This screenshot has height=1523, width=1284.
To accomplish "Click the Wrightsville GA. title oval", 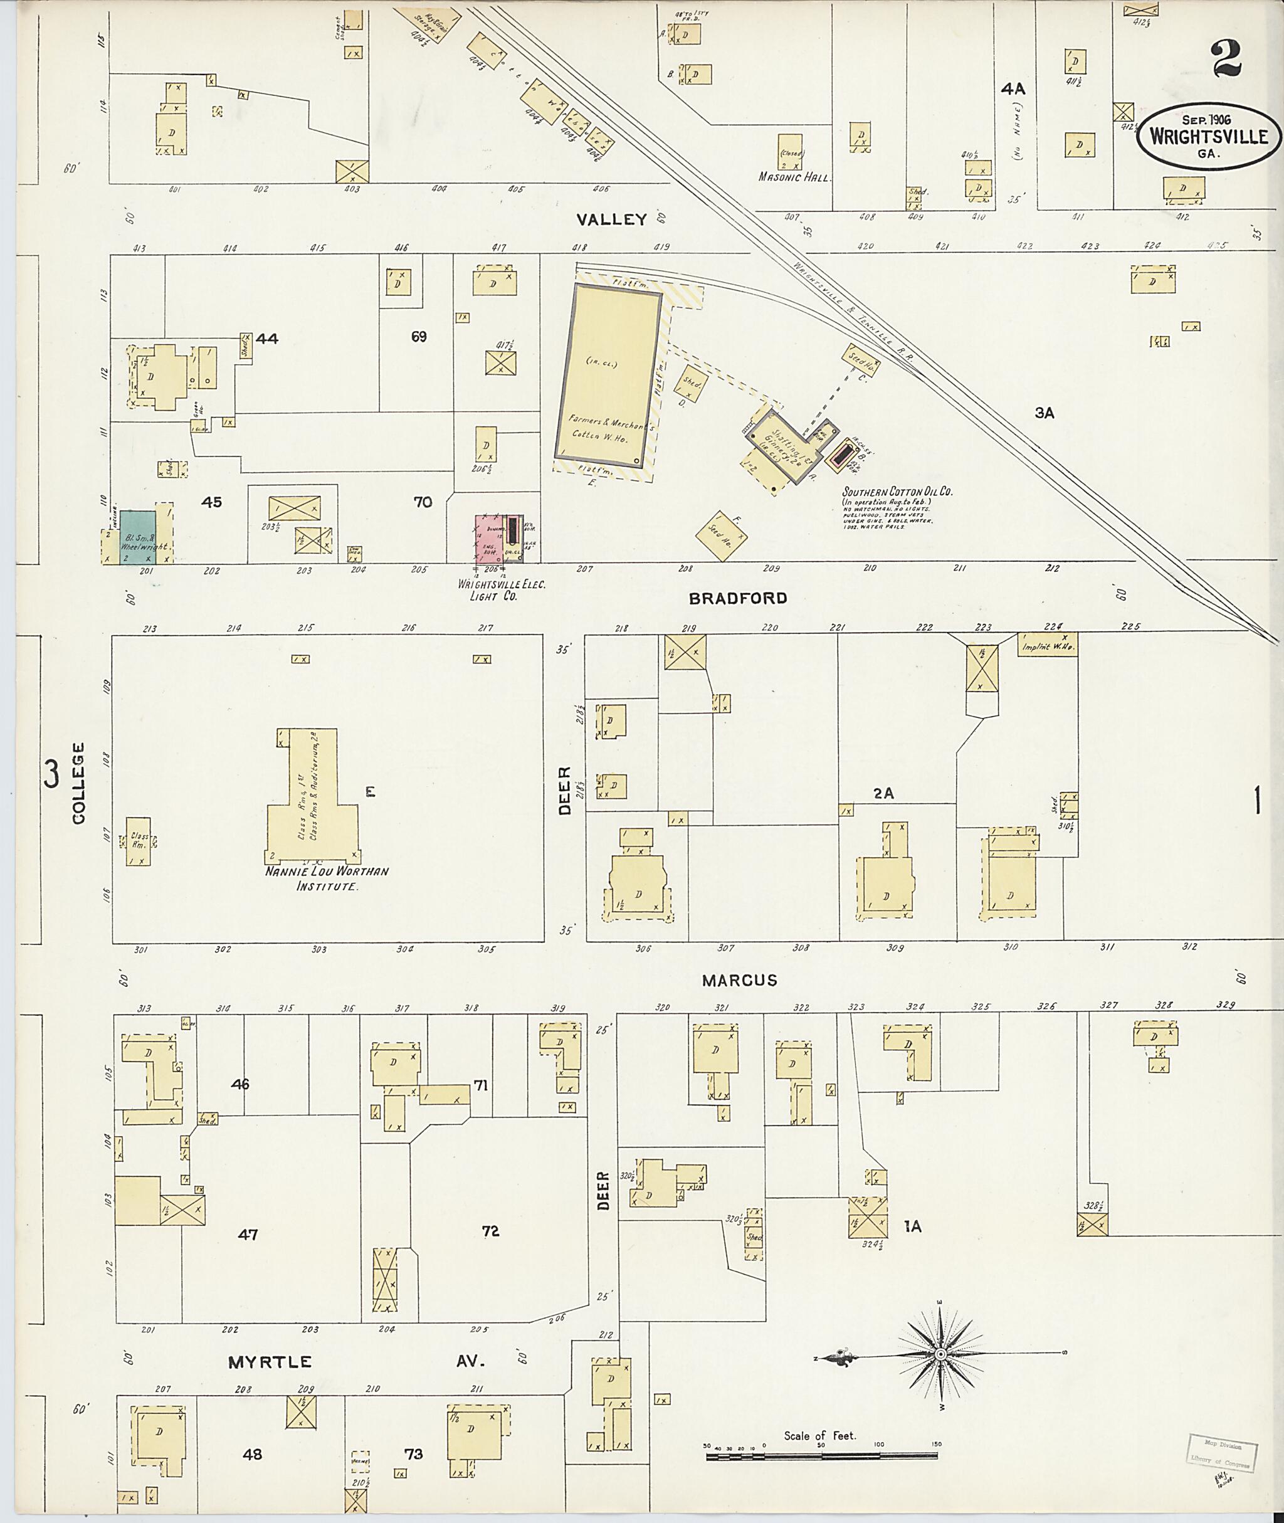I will (1208, 137).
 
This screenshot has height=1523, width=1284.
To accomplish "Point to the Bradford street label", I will (738, 598).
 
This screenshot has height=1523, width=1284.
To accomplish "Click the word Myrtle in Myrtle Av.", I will (270, 1362).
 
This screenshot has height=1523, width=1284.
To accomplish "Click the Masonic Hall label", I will (794, 177).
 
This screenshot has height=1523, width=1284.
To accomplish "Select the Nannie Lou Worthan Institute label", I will (327, 878).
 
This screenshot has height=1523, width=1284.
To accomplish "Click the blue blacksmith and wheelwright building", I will (137, 537).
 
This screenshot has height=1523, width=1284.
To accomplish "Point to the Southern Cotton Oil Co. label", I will (897, 492).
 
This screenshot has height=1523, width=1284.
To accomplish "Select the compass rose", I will (940, 1353).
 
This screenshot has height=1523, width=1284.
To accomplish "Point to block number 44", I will (266, 339).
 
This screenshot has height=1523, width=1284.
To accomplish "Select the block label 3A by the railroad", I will (1045, 413).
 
